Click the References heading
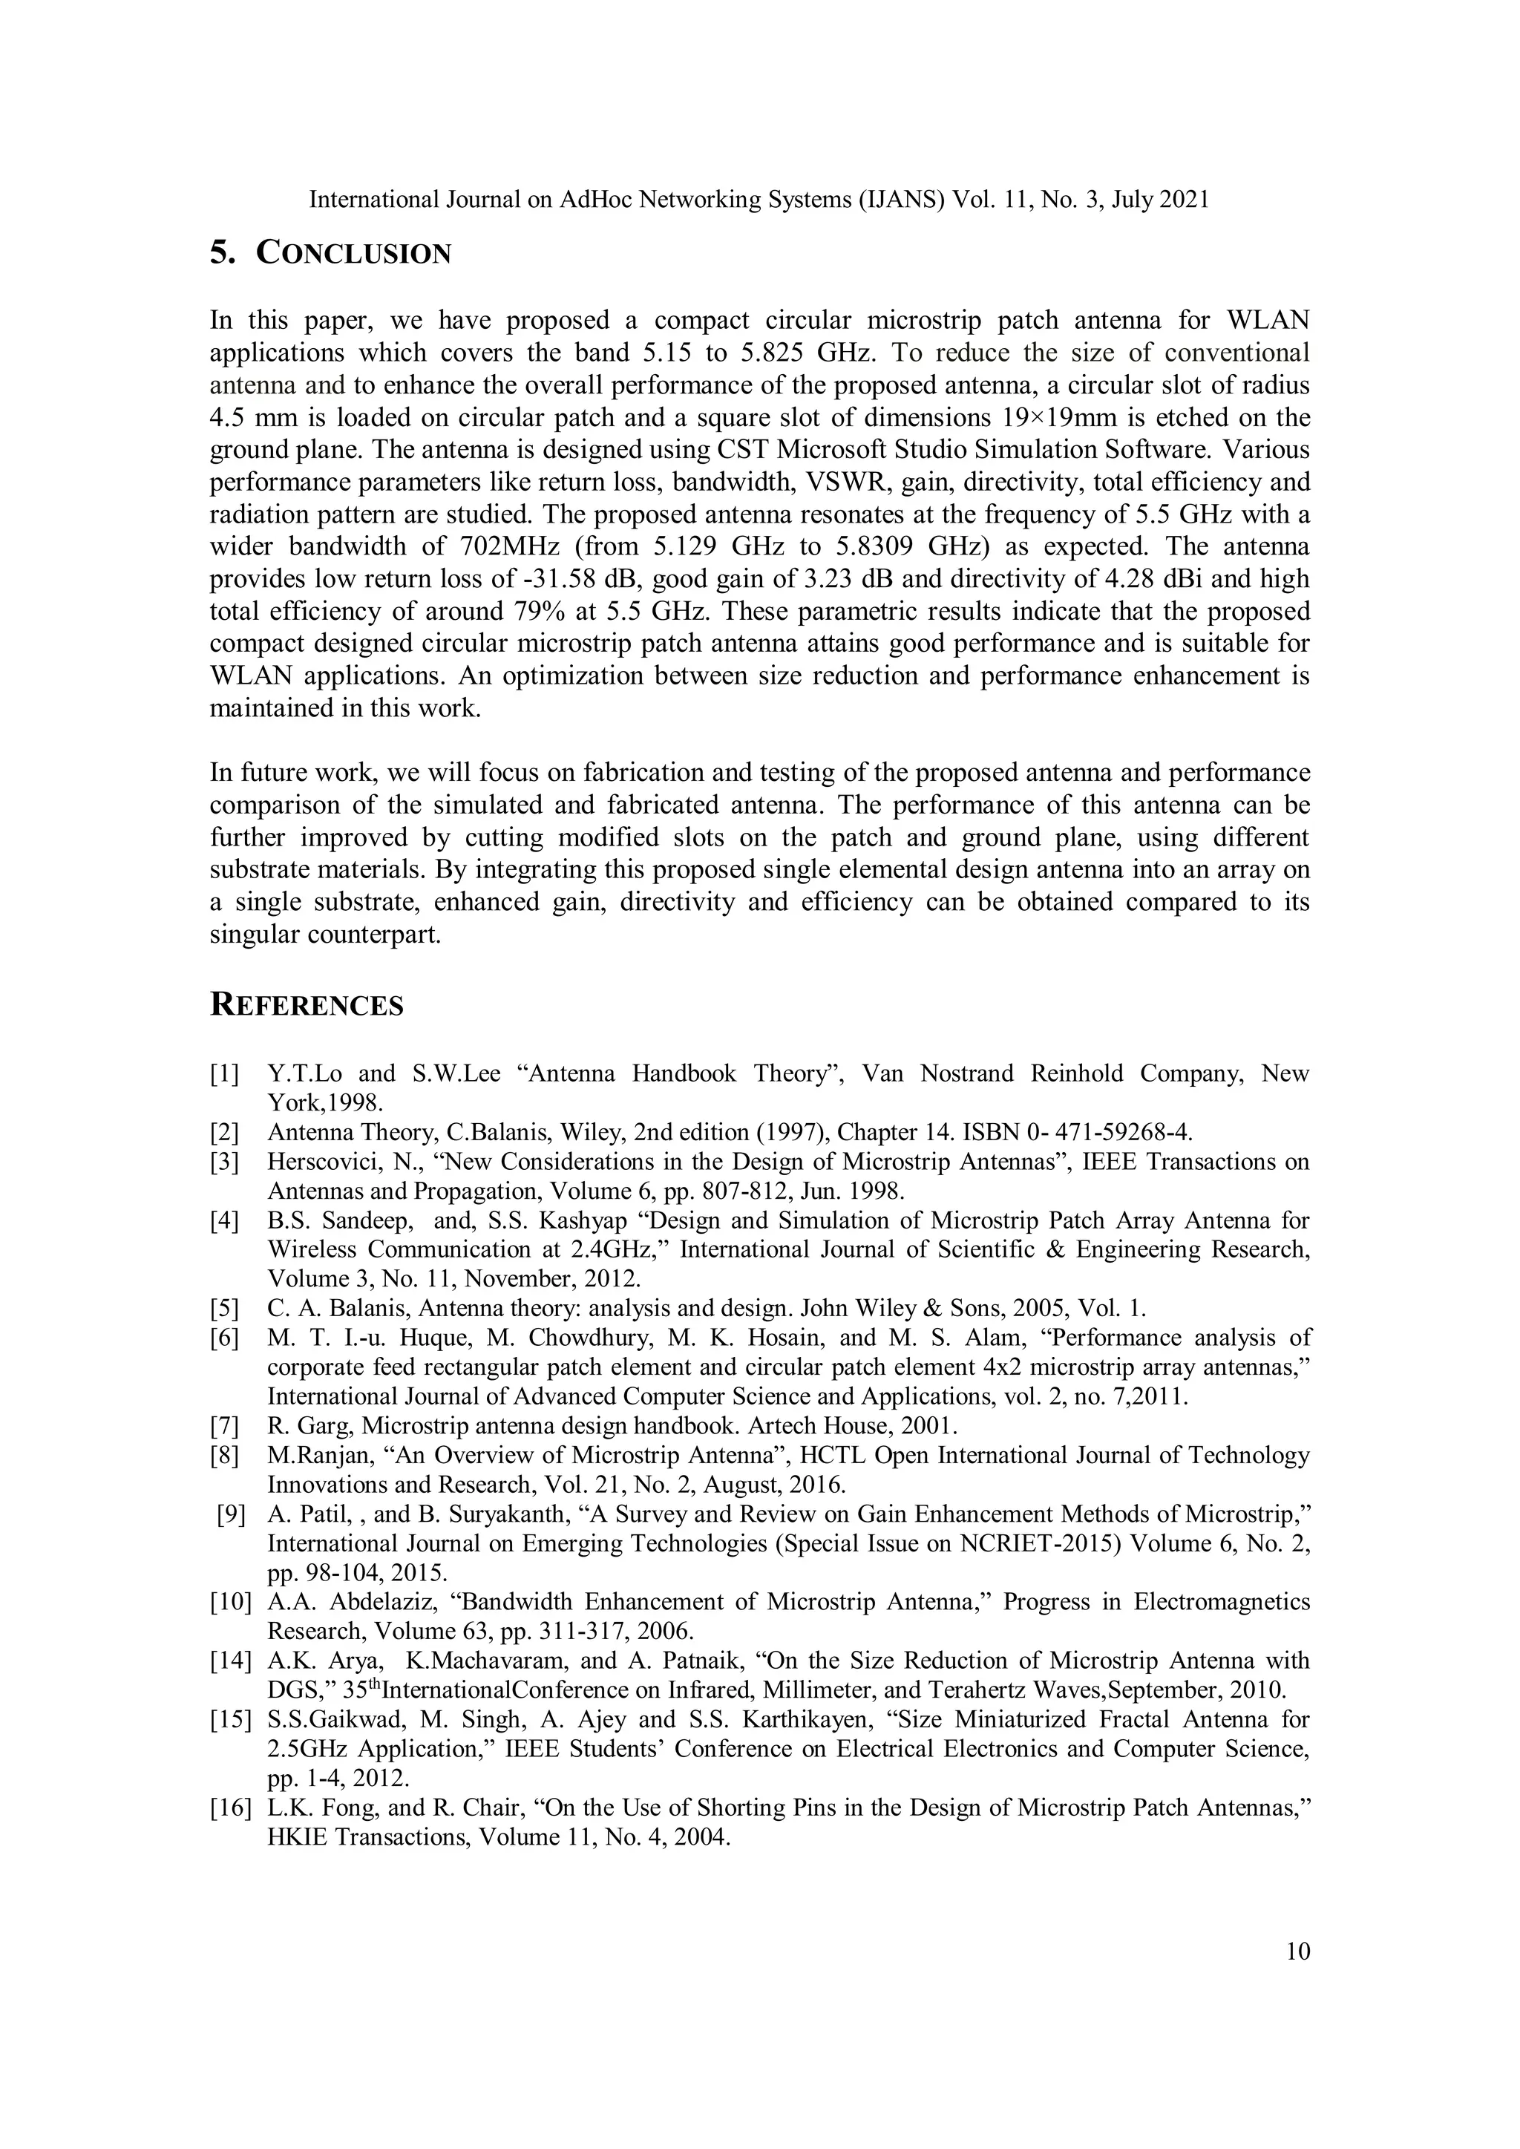pos(307,1005)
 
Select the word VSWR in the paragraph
pos(840,482)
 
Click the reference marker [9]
pos(230,1514)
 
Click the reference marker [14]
pos(230,1661)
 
